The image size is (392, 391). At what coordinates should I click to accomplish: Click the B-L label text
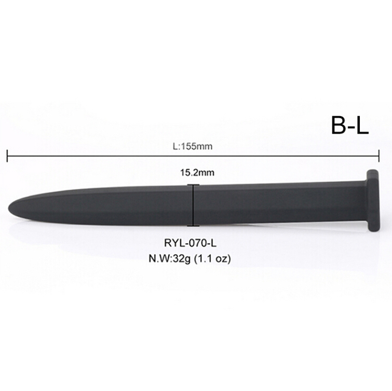tap(350, 125)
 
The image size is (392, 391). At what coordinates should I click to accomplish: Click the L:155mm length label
tap(193, 147)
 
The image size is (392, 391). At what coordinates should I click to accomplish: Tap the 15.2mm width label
tap(197, 173)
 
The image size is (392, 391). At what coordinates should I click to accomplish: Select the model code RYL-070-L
tap(190, 243)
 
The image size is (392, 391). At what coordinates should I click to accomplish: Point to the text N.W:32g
tap(169, 258)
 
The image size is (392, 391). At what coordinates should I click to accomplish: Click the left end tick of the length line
tap(7, 156)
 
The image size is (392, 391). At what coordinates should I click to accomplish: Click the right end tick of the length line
tap(379, 156)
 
